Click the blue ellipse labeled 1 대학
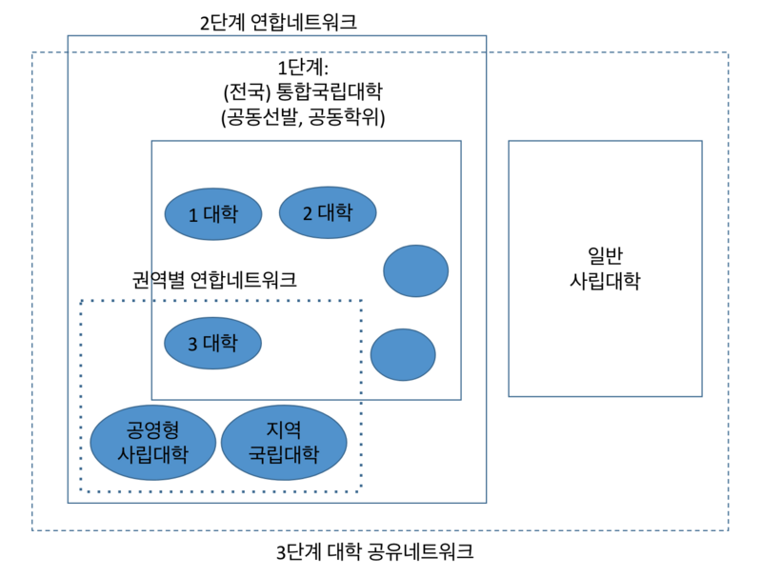pos(212,214)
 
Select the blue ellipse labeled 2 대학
pos(328,212)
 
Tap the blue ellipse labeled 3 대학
pos(212,343)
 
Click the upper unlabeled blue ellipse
pos(415,270)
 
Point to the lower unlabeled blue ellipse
pos(403,354)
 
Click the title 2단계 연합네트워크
pos(278,21)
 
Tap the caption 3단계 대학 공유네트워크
pos(374,552)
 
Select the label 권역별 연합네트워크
pos(214,280)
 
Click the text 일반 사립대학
pos(605,269)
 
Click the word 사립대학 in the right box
pos(605,282)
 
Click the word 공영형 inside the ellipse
pos(152,428)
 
